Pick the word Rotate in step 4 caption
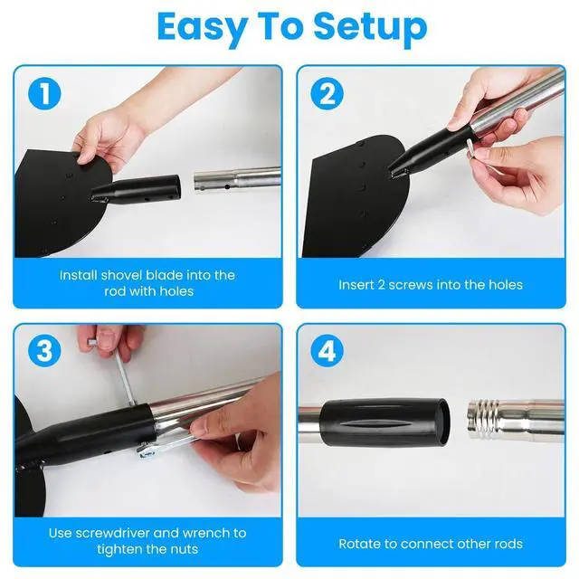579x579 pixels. (360, 544)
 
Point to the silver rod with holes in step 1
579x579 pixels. (235, 177)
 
